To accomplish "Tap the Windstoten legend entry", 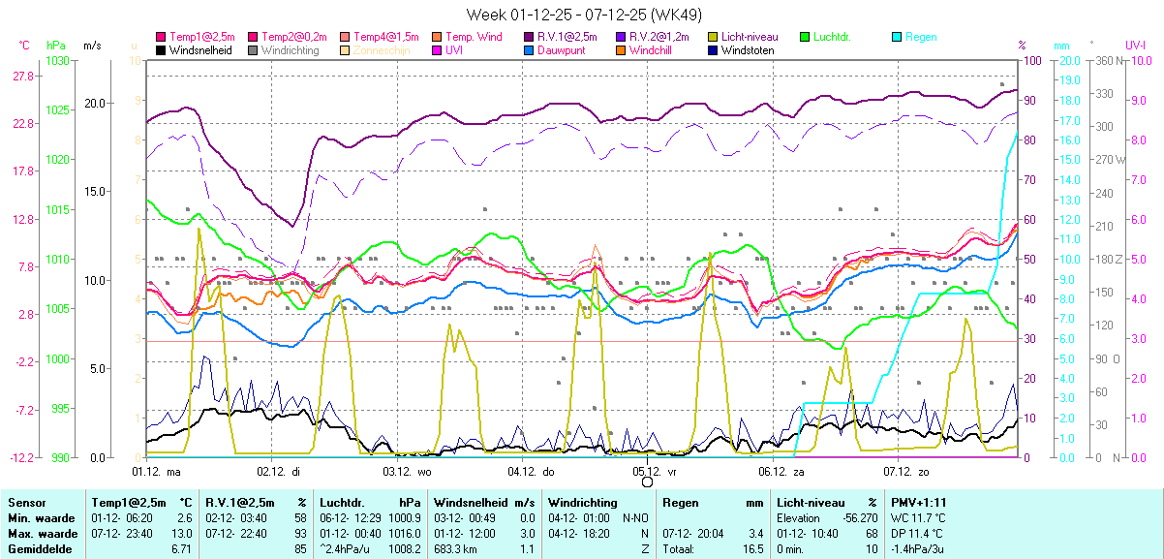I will [x=748, y=50].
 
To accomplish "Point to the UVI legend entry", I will [x=453, y=50].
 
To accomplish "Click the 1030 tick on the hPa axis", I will [x=57, y=61].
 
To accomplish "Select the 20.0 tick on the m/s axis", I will [x=94, y=103].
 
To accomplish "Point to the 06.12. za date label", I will [x=783, y=472].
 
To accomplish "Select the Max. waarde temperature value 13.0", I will [x=182, y=533].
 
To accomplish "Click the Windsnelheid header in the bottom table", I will [x=471, y=503].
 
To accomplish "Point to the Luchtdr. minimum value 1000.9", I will [x=403, y=518].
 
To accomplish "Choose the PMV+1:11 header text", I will [x=919, y=503].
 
